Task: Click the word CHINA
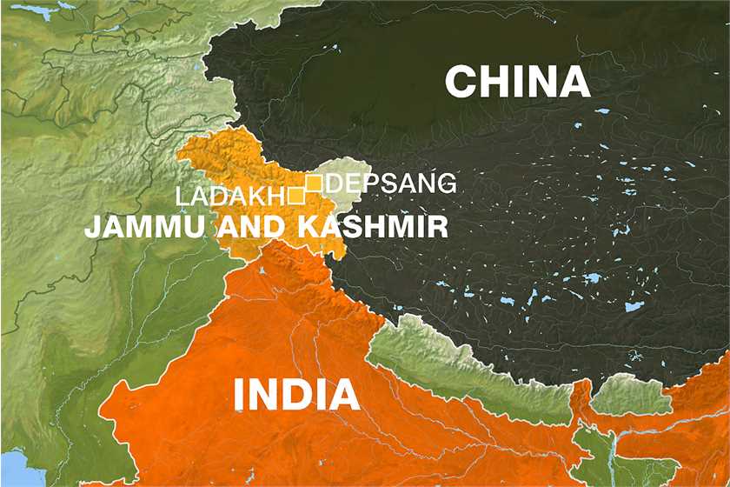pos(517,83)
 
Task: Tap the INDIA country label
pos(296,396)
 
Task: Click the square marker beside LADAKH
pos(295,195)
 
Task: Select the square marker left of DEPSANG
pos(314,183)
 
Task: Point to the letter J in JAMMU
pos(91,228)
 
